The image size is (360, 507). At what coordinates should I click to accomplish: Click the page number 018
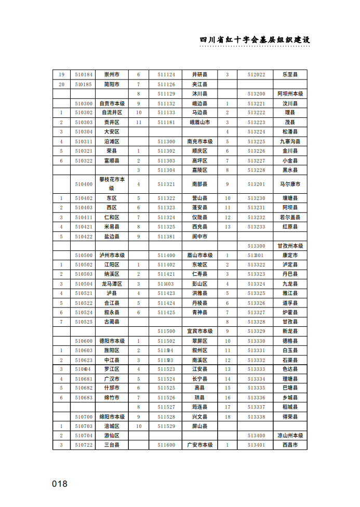pyautogui.click(x=60, y=484)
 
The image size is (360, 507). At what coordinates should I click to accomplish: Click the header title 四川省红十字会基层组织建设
pyautogui.click(x=255, y=40)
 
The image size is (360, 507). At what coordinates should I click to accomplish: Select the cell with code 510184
pyautogui.click(x=83, y=74)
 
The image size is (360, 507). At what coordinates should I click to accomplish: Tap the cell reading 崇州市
pyautogui.click(x=112, y=74)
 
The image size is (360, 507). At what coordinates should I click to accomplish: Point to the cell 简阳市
pyautogui.click(x=112, y=84)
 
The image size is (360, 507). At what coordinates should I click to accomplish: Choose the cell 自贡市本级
pyautogui.click(x=112, y=103)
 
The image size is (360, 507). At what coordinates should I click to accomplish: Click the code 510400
pyautogui.click(x=83, y=184)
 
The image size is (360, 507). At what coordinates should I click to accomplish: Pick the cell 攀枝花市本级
pyautogui.click(x=112, y=184)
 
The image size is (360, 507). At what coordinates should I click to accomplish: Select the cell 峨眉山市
pyautogui.click(x=200, y=122)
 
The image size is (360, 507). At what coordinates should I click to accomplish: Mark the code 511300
pyautogui.click(x=166, y=141)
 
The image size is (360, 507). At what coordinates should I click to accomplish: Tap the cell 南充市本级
pyautogui.click(x=200, y=141)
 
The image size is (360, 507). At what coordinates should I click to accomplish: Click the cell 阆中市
pyautogui.click(x=200, y=236)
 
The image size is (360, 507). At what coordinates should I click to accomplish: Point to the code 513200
pyautogui.click(x=256, y=94)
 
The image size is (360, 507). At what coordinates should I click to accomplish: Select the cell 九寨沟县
pyautogui.click(x=290, y=141)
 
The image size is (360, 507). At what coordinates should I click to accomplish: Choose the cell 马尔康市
pyautogui.click(x=290, y=184)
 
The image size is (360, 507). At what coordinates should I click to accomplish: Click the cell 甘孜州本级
pyautogui.click(x=290, y=246)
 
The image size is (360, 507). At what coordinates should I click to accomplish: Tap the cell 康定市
pyautogui.click(x=290, y=256)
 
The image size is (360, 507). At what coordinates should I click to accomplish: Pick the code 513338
pyautogui.click(x=256, y=417)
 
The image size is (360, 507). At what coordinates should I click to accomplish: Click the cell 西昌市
pyautogui.click(x=290, y=445)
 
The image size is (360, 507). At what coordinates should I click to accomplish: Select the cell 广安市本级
pyautogui.click(x=200, y=445)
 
